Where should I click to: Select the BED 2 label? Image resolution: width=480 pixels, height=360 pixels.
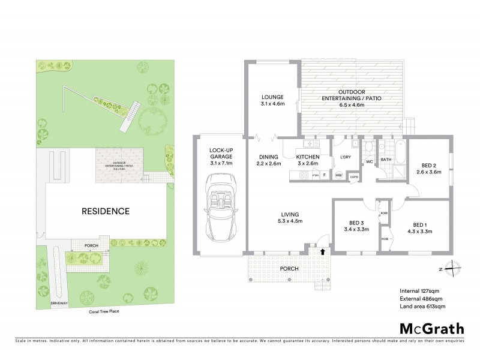[428, 167]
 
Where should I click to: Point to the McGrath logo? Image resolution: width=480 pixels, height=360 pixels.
[432, 328]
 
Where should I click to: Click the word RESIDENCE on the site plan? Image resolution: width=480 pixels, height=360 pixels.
[106, 211]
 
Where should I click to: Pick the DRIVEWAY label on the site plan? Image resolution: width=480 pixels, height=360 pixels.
[59, 304]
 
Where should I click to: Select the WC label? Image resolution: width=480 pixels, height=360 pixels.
[369, 161]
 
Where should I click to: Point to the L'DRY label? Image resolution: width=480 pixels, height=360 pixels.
[345, 157]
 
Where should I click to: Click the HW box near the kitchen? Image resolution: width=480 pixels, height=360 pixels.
[338, 175]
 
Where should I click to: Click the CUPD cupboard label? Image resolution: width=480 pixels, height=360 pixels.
[354, 176]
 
